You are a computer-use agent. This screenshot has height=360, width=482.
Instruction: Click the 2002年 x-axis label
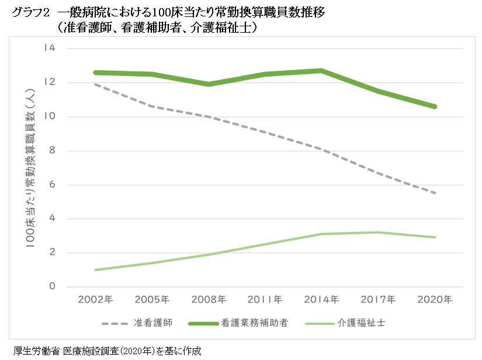(95, 300)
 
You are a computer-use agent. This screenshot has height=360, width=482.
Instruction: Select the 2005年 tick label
(152, 300)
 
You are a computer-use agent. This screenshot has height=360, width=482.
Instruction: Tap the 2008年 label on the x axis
(209, 300)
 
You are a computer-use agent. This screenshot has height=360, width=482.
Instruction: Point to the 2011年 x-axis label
(265, 300)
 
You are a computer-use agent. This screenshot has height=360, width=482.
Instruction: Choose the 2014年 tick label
(322, 300)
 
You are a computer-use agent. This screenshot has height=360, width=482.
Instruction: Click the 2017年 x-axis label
(379, 300)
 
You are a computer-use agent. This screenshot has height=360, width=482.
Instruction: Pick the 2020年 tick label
(435, 300)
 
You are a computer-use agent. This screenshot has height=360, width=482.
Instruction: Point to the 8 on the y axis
(51, 151)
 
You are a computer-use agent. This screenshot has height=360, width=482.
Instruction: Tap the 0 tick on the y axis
(51, 287)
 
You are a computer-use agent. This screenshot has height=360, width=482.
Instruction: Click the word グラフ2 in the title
(27, 12)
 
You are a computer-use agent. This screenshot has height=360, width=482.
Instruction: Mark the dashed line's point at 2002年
(95, 84)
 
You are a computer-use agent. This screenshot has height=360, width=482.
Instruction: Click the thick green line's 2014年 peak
(322, 71)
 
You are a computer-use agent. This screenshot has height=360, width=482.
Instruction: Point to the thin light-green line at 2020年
(435, 237)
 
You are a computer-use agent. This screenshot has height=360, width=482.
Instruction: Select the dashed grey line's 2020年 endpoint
(435, 193)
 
